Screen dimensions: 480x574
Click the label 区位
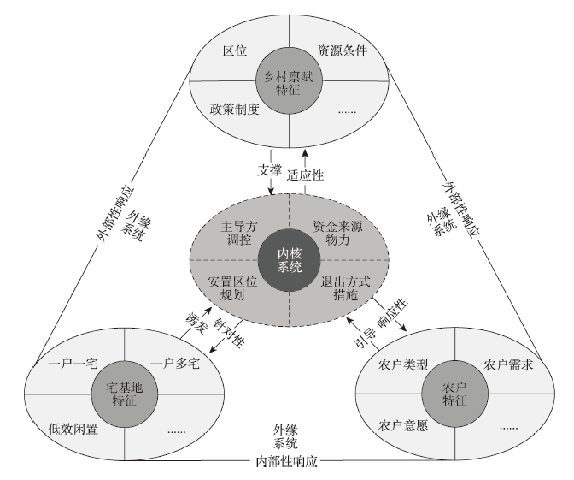(235, 51)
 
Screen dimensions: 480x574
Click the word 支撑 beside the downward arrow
(268, 169)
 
